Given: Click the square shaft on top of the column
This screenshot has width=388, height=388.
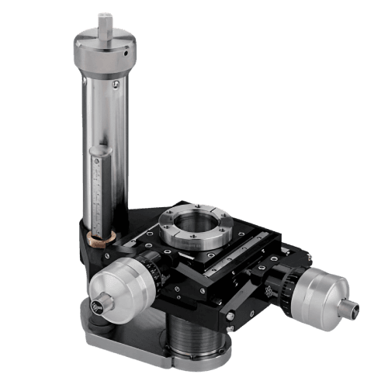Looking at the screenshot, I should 106,21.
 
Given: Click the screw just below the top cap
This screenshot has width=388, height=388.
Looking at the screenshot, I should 116,83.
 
